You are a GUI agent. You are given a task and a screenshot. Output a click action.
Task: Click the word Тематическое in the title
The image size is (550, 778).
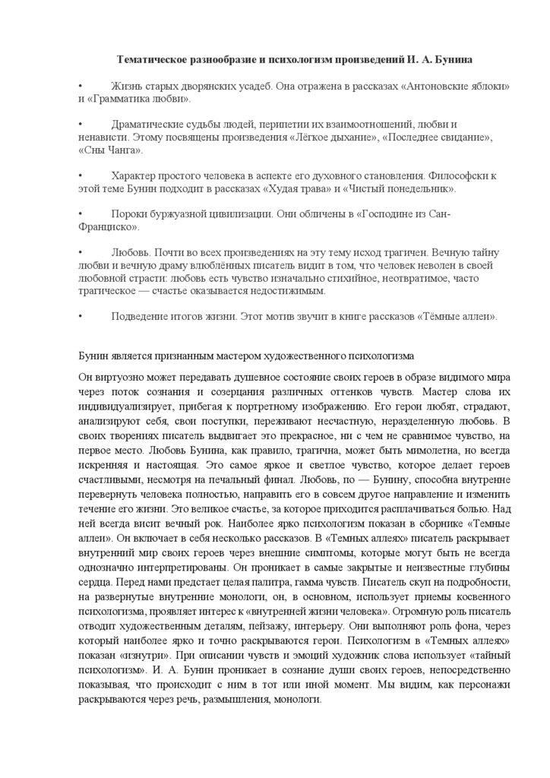coord(155,59)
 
